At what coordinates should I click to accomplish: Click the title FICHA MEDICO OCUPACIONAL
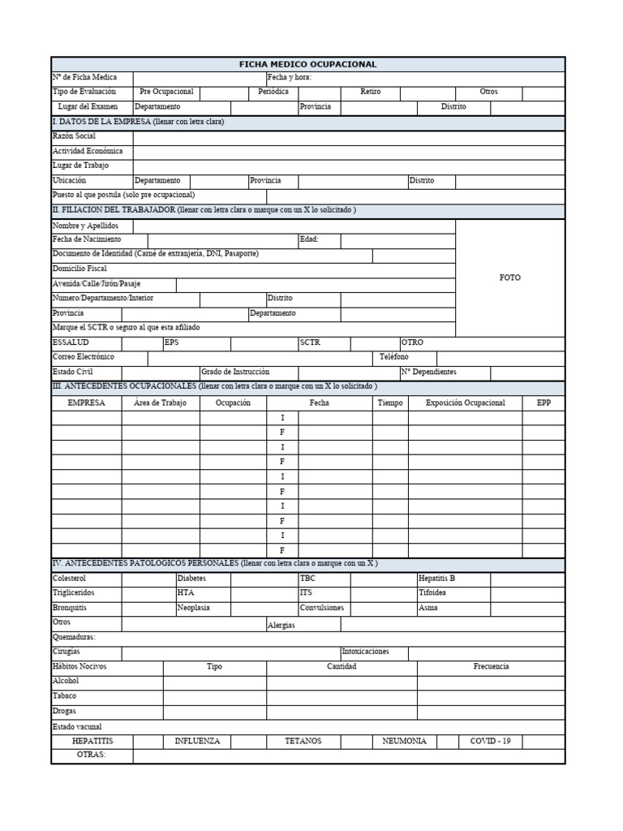click(x=307, y=64)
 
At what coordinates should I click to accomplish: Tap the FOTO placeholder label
click(x=509, y=278)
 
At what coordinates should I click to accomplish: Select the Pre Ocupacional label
click(x=166, y=93)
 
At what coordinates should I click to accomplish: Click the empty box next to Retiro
click(x=425, y=93)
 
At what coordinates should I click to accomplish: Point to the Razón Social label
click(x=74, y=136)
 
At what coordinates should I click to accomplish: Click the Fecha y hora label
click(x=290, y=78)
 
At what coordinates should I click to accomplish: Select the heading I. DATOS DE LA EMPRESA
click(x=138, y=122)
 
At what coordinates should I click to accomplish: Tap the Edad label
click(x=309, y=240)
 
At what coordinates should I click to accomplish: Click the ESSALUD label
click(x=71, y=342)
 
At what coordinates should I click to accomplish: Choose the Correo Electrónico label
click(x=84, y=357)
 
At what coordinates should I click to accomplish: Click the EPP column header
click(x=544, y=403)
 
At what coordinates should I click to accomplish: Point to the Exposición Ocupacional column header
click(x=465, y=403)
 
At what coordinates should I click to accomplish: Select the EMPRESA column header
click(x=86, y=403)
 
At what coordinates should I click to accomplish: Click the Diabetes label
click(x=191, y=579)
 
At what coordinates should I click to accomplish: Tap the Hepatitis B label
click(x=436, y=579)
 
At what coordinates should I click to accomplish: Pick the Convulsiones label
click(x=322, y=608)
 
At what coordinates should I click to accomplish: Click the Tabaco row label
click(x=65, y=696)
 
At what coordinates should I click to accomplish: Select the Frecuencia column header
click(x=491, y=666)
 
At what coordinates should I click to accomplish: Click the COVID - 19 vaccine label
click(x=490, y=741)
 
